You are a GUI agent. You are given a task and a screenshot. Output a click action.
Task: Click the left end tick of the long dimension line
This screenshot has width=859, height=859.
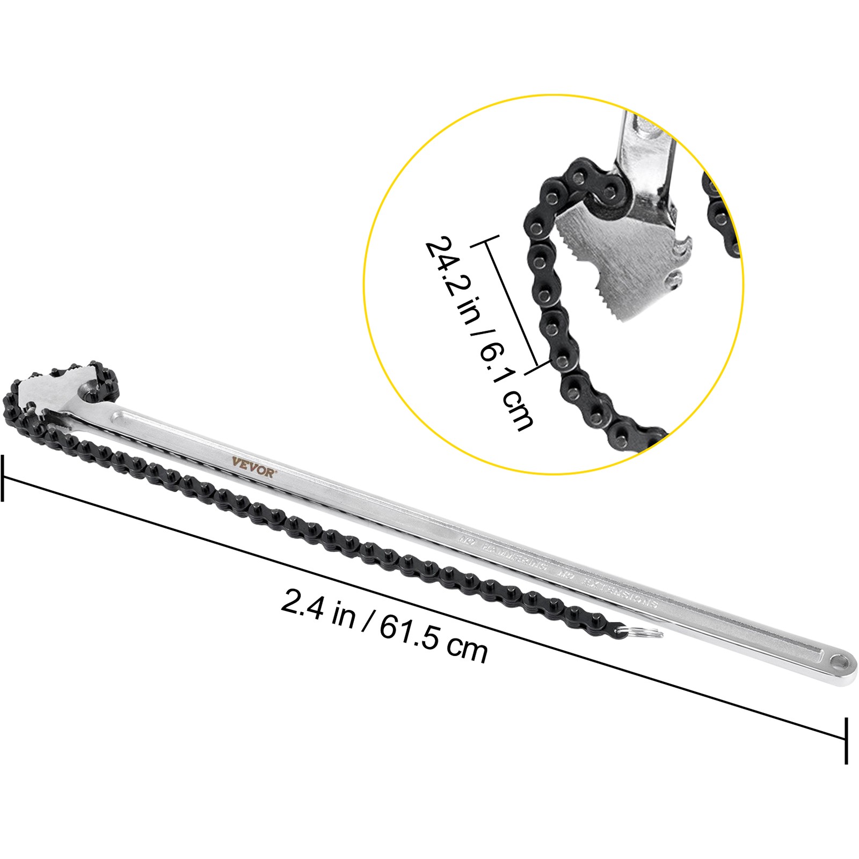pos(3,478)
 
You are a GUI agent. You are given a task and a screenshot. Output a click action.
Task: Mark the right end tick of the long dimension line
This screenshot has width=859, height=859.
pos(847,741)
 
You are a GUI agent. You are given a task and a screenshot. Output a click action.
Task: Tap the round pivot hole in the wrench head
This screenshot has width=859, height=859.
pos(91,388)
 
